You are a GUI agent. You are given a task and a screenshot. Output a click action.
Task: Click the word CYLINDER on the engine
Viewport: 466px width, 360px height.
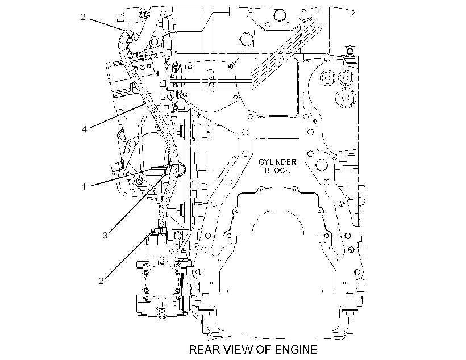coord(277,162)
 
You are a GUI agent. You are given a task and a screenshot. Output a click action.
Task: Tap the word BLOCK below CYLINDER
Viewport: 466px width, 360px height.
coord(277,170)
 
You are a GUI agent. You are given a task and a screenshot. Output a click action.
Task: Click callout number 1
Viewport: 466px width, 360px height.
coord(84,187)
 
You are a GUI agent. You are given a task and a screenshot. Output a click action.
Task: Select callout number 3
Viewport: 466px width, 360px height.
coord(105,236)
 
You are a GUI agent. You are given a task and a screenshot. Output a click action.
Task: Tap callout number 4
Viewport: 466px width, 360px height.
coord(85,129)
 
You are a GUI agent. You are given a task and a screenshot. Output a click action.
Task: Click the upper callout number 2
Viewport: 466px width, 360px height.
coord(83,17)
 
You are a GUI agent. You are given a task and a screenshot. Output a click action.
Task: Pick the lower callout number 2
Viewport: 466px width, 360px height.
coord(101,281)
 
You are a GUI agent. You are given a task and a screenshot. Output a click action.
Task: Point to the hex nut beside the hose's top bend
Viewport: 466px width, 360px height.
coord(155,41)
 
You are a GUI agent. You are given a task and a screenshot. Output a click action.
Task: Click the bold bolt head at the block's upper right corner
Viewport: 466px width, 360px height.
coord(350,51)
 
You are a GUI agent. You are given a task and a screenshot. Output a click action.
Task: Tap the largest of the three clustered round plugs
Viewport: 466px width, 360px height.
coord(346,98)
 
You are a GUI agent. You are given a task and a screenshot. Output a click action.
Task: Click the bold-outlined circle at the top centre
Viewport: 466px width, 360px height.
coord(280,15)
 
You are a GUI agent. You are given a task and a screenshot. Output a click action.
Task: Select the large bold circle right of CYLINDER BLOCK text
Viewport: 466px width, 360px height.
coord(322,165)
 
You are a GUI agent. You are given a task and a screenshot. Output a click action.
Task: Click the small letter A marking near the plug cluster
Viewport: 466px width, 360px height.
coord(315,121)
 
